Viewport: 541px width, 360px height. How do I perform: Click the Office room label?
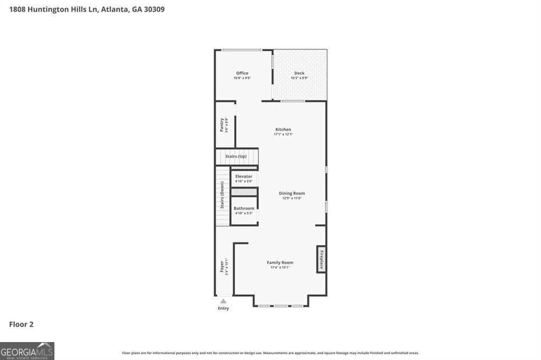click(x=242, y=73)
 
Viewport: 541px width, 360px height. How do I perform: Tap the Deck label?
click(x=299, y=73)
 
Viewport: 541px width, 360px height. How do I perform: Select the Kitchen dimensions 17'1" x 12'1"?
click(x=283, y=134)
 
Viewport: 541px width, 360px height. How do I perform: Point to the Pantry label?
click(x=222, y=125)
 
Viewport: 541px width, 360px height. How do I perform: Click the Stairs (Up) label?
click(x=236, y=157)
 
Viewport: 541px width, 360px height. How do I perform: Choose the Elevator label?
click(x=244, y=176)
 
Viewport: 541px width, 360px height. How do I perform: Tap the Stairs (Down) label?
click(x=222, y=195)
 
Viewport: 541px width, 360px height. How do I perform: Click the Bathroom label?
click(x=244, y=209)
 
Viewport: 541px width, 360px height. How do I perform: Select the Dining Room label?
click(x=292, y=193)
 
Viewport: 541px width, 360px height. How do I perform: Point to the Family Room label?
click(x=280, y=262)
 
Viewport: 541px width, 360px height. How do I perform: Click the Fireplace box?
click(x=321, y=259)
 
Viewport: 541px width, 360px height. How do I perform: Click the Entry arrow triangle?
click(x=223, y=301)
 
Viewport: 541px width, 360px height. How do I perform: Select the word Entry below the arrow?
click(x=223, y=308)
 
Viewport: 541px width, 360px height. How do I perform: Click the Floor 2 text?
click(x=22, y=325)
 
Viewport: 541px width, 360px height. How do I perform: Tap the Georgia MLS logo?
click(x=27, y=351)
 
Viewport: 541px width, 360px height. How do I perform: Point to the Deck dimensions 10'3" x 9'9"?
click(x=299, y=78)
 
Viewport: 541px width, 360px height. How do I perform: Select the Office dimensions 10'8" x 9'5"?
click(x=242, y=78)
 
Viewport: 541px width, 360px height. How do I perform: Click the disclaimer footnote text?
click(x=270, y=353)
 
